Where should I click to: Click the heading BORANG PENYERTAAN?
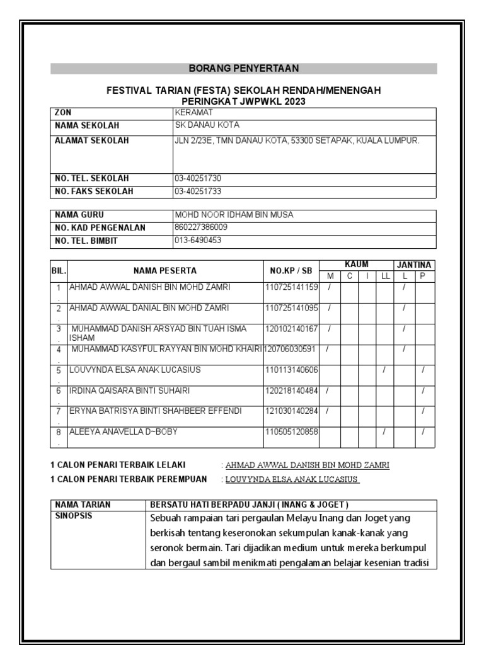click(x=244, y=68)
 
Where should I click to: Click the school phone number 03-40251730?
click(x=198, y=178)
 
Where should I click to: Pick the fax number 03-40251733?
click(x=198, y=191)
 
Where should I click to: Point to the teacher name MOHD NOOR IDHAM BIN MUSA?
click(x=234, y=215)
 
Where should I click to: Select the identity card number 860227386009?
click(x=201, y=227)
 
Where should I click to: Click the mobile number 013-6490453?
click(x=198, y=240)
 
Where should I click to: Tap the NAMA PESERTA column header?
click(x=165, y=271)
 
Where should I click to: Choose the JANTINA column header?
click(x=414, y=265)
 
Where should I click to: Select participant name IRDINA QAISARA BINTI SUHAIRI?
click(x=130, y=391)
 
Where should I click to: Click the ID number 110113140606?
click(x=291, y=370)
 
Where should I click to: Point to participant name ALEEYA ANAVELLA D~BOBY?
click(x=124, y=431)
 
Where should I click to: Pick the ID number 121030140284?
click(x=291, y=411)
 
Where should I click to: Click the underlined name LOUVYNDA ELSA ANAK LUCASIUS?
click(x=292, y=479)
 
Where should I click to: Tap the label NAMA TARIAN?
click(x=83, y=505)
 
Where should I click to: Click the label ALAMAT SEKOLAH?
click(x=92, y=140)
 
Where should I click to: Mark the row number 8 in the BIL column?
click(x=58, y=433)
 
